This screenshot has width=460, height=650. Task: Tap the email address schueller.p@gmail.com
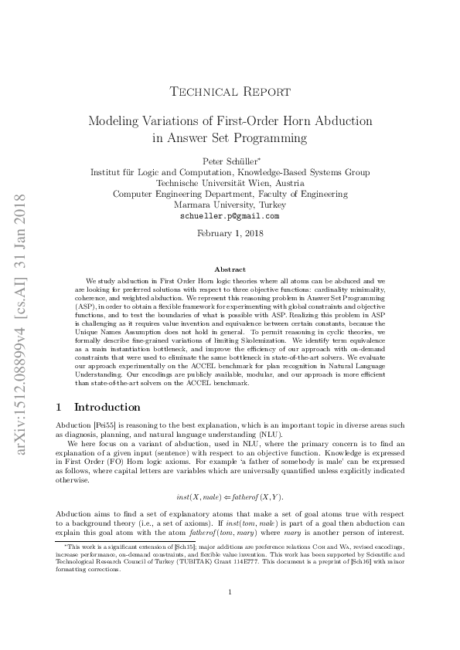pos(230,216)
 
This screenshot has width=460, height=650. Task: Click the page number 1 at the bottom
pos(230,614)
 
